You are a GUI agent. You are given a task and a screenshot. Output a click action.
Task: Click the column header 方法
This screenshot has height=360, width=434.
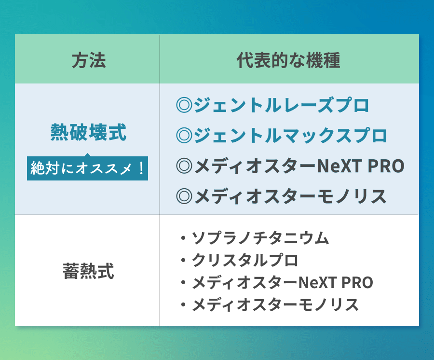(88, 61)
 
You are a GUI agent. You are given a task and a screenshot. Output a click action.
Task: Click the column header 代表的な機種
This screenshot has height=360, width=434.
(288, 61)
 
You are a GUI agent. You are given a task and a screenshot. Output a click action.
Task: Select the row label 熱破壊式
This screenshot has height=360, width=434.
(88, 132)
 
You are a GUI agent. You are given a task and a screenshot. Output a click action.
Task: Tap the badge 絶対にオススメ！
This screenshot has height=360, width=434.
(87, 168)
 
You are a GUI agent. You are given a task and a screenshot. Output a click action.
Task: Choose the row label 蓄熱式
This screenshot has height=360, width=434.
(88, 271)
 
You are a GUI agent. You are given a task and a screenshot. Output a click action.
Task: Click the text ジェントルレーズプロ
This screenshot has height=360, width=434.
(282, 105)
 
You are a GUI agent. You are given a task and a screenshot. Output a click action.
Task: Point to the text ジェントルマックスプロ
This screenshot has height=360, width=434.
(290, 136)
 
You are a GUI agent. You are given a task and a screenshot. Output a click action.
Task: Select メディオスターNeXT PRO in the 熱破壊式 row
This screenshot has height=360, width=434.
(298, 166)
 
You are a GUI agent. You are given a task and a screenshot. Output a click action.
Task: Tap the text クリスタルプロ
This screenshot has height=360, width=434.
(245, 260)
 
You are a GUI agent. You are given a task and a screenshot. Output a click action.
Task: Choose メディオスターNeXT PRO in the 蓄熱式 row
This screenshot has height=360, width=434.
(282, 282)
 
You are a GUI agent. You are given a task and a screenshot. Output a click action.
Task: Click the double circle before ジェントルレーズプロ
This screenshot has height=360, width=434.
(184, 105)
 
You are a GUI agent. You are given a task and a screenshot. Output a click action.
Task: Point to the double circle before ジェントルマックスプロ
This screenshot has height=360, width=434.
(184, 136)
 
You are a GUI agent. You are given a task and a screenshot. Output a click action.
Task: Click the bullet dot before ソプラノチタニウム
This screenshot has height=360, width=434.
(183, 238)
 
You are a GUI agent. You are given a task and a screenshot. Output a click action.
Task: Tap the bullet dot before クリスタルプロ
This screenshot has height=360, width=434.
(183, 261)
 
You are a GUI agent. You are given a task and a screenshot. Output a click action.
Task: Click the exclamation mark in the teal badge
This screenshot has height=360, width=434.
(141, 168)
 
